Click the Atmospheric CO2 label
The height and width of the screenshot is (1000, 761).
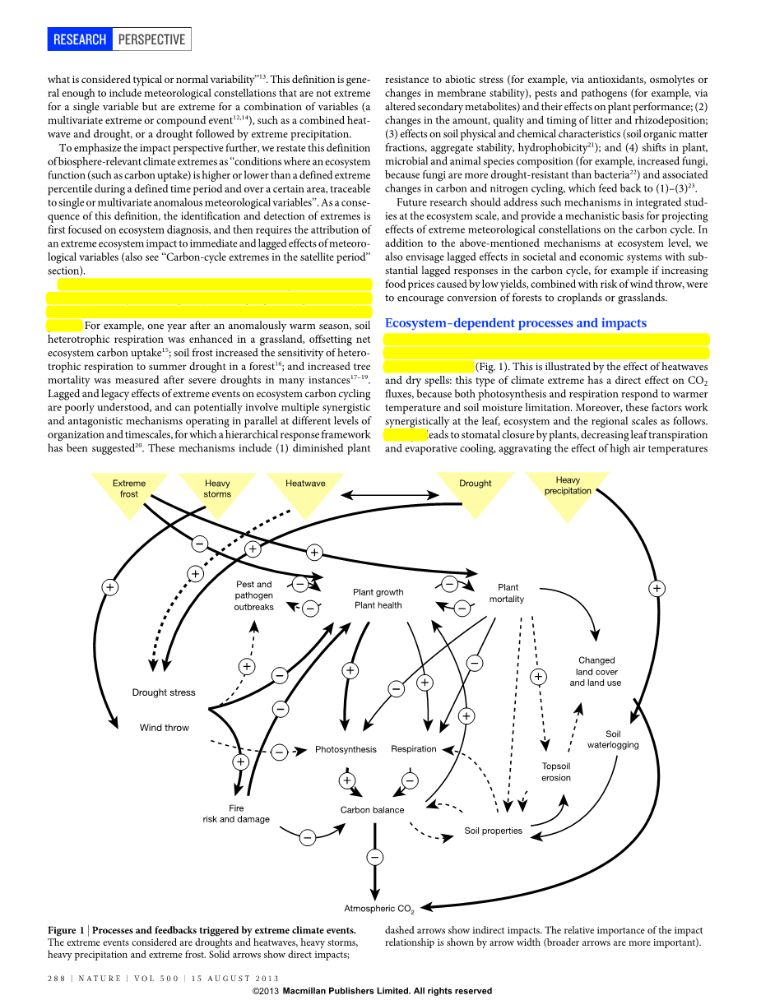click(x=378, y=909)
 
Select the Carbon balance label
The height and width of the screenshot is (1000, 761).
click(x=373, y=810)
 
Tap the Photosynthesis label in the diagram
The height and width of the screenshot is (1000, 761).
click(x=346, y=749)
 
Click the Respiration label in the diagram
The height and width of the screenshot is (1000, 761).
click(x=414, y=749)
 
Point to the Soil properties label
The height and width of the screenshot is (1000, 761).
click(x=493, y=831)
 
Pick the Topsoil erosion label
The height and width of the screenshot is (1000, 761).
click(x=556, y=771)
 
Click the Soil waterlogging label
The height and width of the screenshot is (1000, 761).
click(x=613, y=739)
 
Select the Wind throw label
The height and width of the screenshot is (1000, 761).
click(x=165, y=728)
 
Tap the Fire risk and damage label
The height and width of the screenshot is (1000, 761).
click(x=236, y=813)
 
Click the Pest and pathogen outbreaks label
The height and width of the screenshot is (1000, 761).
click(x=253, y=595)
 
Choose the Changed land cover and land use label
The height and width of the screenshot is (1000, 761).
click(x=596, y=671)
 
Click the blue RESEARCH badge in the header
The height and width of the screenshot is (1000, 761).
click(x=80, y=39)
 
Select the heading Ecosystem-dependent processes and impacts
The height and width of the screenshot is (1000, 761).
click(x=516, y=323)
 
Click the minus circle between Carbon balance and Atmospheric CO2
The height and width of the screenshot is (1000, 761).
click(x=374, y=858)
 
